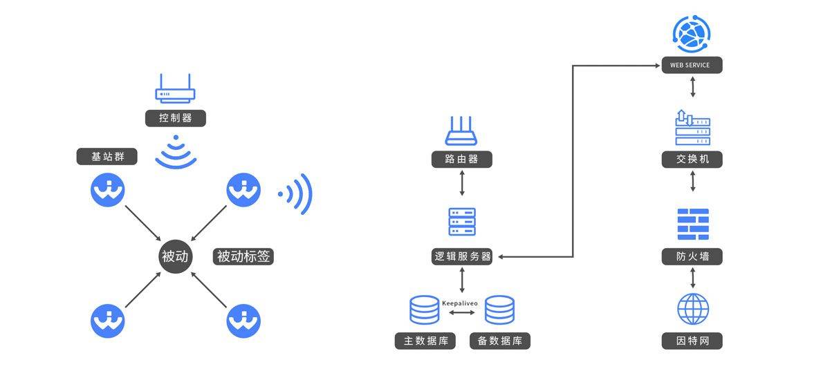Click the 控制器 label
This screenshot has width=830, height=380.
click(174, 117)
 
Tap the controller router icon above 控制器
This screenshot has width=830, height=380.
click(175, 89)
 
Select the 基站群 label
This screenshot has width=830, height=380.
click(106, 157)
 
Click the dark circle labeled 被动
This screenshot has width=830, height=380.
click(174, 256)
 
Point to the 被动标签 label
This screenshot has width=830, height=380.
click(244, 256)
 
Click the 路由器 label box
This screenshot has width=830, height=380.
click(462, 159)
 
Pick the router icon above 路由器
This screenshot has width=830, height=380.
click(462, 131)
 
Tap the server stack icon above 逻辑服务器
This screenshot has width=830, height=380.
click(462, 222)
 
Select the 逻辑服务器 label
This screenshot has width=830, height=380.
click(462, 257)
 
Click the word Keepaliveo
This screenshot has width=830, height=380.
click(460, 303)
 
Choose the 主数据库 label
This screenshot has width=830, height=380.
click(425, 341)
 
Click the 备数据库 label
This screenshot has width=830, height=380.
click(499, 341)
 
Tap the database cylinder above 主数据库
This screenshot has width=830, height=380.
click(425, 310)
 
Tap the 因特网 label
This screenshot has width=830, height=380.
click(692, 341)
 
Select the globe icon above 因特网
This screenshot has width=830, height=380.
click(692, 309)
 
